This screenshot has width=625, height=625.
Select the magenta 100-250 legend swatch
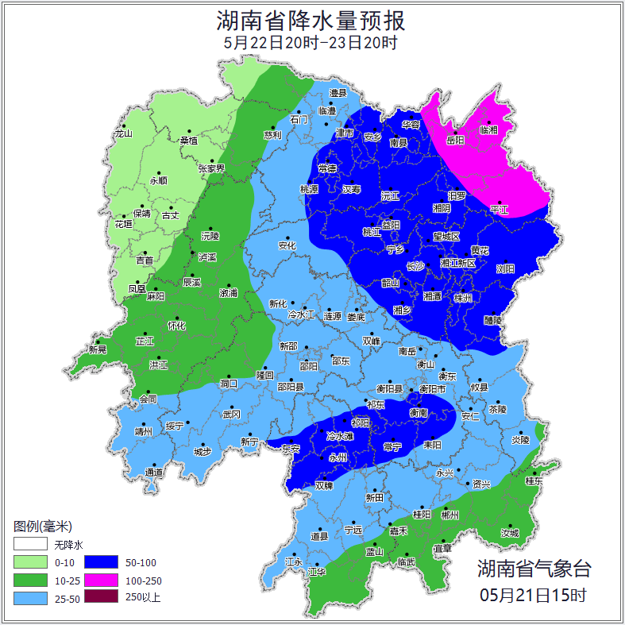click(x=101, y=580)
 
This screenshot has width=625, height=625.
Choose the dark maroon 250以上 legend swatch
click(x=101, y=597)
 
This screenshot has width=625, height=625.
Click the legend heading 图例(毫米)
click(x=42, y=527)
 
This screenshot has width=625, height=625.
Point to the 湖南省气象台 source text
click(x=534, y=569)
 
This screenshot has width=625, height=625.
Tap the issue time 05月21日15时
click(x=534, y=594)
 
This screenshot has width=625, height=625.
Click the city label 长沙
click(x=415, y=267)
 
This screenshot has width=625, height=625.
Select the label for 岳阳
click(x=455, y=141)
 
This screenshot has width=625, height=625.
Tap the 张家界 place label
click(x=211, y=168)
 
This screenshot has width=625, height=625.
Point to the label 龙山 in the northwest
click(x=123, y=133)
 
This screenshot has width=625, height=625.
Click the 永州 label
click(x=338, y=458)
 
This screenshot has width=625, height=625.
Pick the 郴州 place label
click(x=449, y=515)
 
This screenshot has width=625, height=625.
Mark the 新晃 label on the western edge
click(x=98, y=349)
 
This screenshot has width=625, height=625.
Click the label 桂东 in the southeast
click(x=534, y=481)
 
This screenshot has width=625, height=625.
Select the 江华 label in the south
click(x=317, y=572)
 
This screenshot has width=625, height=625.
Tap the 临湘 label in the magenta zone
click(x=488, y=130)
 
